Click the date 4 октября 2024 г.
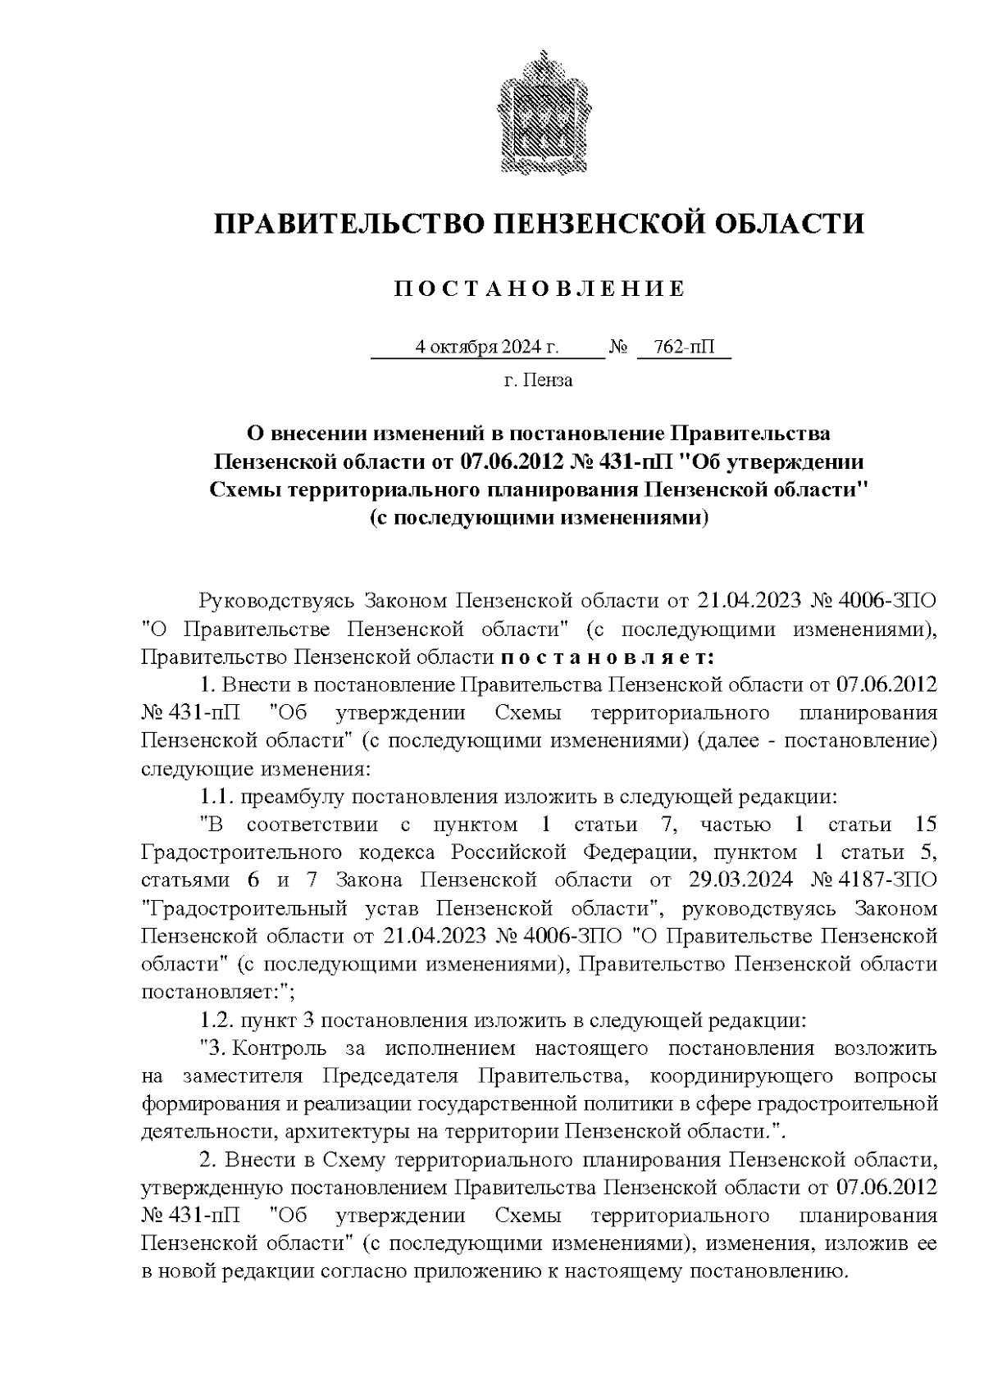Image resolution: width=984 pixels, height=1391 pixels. (487, 348)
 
